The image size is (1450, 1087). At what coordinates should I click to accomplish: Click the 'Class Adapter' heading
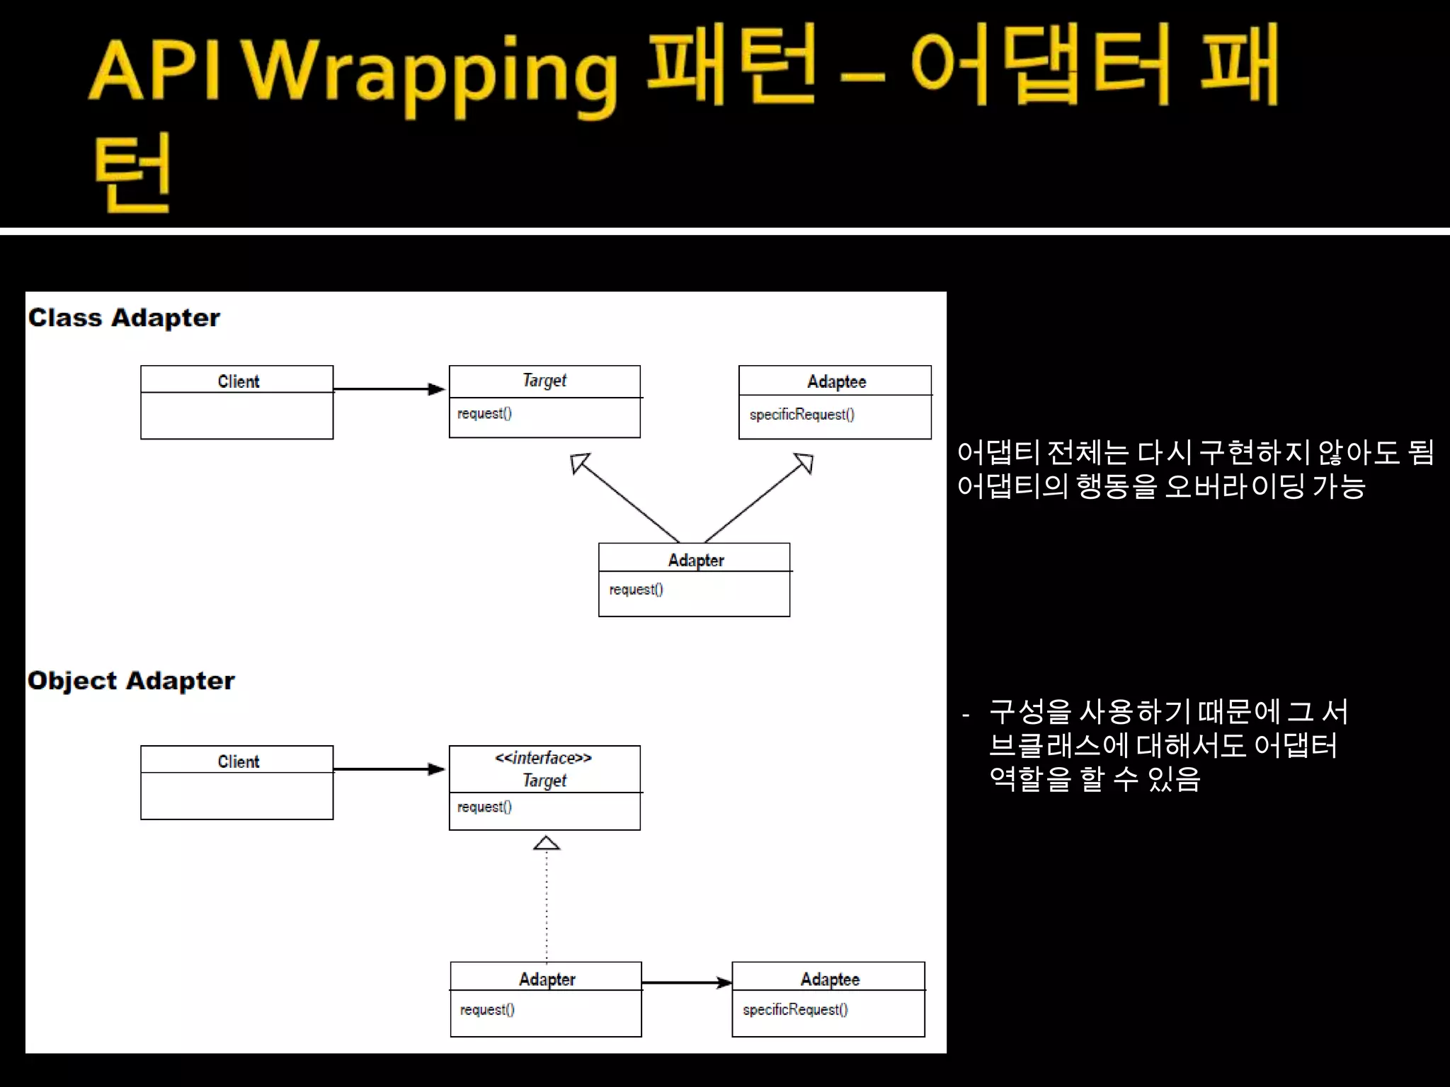pyautogui.click(x=124, y=318)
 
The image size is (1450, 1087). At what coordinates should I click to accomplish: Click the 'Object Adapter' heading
pyautogui.click(x=131, y=681)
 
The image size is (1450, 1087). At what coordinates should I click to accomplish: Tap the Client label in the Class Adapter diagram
pyautogui.click(x=238, y=381)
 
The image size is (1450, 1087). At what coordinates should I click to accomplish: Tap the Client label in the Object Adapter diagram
pyautogui.click(x=238, y=761)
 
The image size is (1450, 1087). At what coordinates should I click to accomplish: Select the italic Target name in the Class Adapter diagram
pyautogui.click(x=544, y=381)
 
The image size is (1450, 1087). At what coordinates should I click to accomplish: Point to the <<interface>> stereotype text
pyautogui.click(x=544, y=758)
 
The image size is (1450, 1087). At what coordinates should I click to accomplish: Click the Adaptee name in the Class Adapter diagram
pyautogui.click(x=836, y=382)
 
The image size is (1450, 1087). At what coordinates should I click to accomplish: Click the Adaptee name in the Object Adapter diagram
pyautogui.click(x=830, y=979)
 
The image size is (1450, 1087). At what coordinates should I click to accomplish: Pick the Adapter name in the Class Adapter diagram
pyautogui.click(x=696, y=560)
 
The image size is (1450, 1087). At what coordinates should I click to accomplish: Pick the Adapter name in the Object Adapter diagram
pyautogui.click(x=547, y=979)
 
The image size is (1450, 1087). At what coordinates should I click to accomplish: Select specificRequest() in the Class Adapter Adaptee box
pyautogui.click(x=802, y=415)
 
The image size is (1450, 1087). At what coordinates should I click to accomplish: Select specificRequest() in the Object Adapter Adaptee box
pyautogui.click(x=795, y=1010)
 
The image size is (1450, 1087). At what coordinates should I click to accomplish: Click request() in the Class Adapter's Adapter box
pyautogui.click(x=636, y=589)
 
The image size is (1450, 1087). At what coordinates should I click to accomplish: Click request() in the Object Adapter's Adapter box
pyautogui.click(x=487, y=1010)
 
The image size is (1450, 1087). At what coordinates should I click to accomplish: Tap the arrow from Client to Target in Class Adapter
pyautogui.click(x=389, y=389)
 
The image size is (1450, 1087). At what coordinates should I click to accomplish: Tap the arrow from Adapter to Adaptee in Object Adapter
pyautogui.click(x=687, y=982)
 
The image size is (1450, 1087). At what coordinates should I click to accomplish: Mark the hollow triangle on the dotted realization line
pyautogui.click(x=546, y=843)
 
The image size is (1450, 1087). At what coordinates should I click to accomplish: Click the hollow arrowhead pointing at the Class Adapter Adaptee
pyautogui.click(x=804, y=463)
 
